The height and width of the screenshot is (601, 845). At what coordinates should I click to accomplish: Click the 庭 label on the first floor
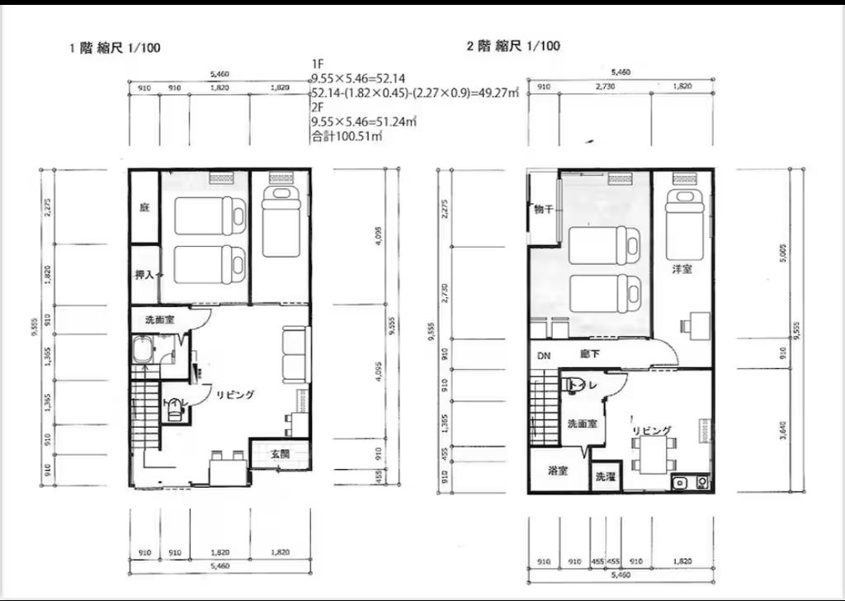[x=144, y=207]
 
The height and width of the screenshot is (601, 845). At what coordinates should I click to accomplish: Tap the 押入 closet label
[x=145, y=274]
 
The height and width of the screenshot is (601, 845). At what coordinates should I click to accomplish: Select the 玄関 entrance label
[x=281, y=454]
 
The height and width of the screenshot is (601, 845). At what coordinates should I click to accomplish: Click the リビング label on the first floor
[x=236, y=395]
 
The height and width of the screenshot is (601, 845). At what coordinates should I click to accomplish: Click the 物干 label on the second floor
[x=543, y=209]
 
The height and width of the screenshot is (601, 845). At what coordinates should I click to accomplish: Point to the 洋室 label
[x=682, y=268]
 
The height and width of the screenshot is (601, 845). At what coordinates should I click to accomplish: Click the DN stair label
[x=544, y=356]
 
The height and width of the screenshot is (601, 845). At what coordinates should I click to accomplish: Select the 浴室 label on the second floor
[x=558, y=471]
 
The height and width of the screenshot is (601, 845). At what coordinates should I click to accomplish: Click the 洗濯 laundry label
[x=605, y=476]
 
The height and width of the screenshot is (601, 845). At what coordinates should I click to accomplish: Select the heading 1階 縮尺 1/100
[x=116, y=48]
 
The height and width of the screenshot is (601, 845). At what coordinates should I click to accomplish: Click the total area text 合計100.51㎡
[x=346, y=137]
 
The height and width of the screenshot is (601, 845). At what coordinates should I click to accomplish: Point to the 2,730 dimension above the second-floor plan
[x=607, y=87]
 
